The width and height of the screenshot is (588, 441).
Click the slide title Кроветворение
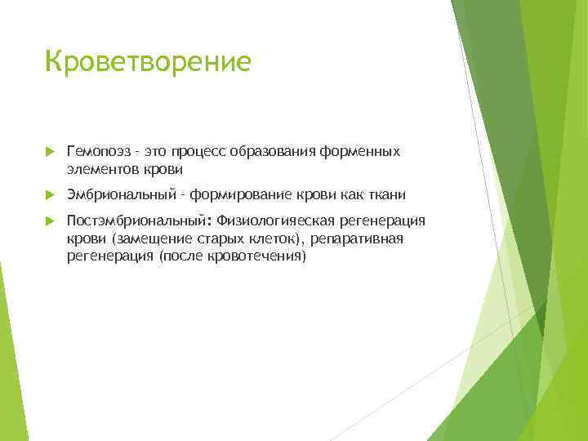coord(148,62)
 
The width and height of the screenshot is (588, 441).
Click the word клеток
coord(274,238)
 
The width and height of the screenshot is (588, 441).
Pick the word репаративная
coord(358,238)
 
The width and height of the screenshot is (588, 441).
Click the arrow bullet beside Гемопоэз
coord(49,153)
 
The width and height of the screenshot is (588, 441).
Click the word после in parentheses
coord(185,256)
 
